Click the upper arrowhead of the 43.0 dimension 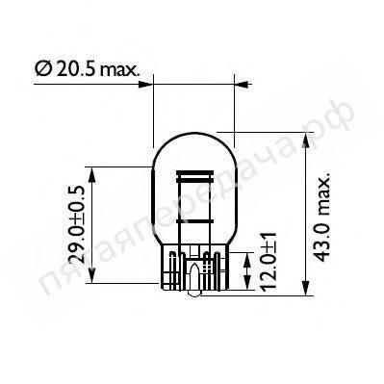(x=308, y=135)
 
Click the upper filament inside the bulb (x=194, y=179)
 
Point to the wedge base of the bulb (x=195, y=269)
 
